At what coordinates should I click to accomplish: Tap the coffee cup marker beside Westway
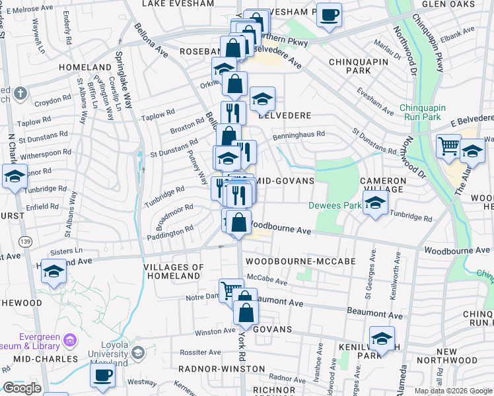(x=102, y=376)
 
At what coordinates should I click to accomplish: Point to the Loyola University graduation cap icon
(x=137, y=352)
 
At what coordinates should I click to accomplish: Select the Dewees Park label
(x=334, y=205)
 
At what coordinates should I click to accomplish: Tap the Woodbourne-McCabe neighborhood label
(x=300, y=261)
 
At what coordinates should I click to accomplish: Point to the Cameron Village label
(x=383, y=185)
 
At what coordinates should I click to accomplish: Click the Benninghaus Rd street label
(x=299, y=133)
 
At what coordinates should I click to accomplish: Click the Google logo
(x=21, y=388)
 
